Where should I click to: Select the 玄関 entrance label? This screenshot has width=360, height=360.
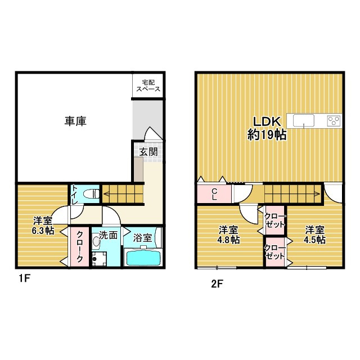pos(149,151)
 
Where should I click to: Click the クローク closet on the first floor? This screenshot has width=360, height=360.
pos(79,247)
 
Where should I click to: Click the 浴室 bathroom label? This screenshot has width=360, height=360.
pos(143,237)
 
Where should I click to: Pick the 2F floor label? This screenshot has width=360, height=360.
pos(217,284)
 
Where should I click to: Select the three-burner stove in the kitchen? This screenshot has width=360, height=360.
pos(333,120)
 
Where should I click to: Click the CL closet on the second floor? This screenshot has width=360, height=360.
pos(214,194)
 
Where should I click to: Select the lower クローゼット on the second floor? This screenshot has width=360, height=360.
pos(275,251)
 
